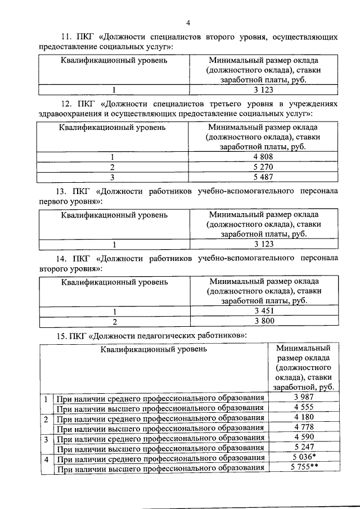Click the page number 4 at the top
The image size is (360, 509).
click(x=188, y=23)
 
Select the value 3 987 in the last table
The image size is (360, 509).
click(x=303, y=398)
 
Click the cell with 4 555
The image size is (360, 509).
click(x=303, y=408)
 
